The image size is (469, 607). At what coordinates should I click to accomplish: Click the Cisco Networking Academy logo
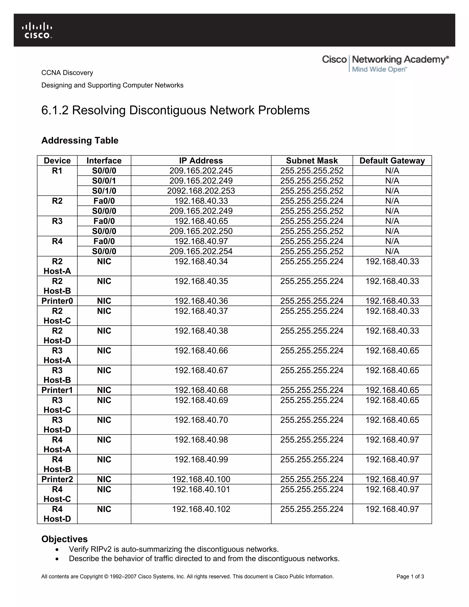coord(385,64)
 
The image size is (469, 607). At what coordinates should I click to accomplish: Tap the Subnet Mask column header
coord(312,161)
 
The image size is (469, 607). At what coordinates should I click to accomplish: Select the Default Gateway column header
coord(392,161)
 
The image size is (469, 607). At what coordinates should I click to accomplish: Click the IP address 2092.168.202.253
coord(201,191)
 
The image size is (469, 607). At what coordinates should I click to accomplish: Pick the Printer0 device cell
coord(57,301)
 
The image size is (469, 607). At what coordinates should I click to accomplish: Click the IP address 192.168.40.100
coord(201,479)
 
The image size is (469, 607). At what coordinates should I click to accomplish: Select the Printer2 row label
coord(57,479)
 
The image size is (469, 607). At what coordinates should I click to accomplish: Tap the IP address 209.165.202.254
coord(201,251)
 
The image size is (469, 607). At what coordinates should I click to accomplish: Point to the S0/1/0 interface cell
coord(104,191)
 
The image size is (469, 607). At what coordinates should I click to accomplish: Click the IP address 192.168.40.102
coord(201,509)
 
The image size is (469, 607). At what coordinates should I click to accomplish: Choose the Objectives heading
coord(64,539)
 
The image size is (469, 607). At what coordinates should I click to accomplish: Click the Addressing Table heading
coord(80,140)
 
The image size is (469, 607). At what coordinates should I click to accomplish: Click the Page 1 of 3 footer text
coord(410,577)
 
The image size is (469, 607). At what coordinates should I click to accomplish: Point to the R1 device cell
coord(57,171)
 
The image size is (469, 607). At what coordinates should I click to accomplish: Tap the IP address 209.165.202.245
coord(201,171)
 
